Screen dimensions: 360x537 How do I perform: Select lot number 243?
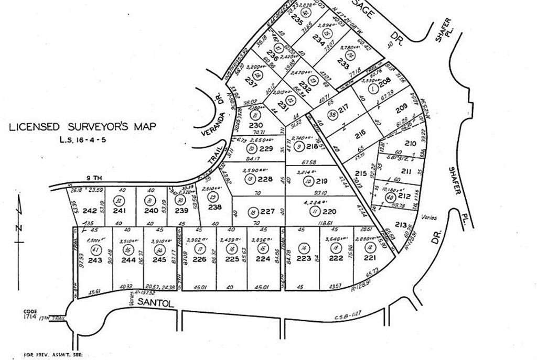point(95,260)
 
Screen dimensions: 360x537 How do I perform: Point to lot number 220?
point(329,212)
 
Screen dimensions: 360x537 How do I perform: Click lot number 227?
point(267,212)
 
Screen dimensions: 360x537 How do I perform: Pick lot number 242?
point(90,211)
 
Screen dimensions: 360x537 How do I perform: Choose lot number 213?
point(401,226)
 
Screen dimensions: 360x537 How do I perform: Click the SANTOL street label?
point(155,302)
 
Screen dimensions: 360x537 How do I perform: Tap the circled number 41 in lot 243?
point(95,250)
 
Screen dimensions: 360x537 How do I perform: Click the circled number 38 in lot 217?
point(331,115)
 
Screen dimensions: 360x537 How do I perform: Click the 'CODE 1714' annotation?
point(29,313)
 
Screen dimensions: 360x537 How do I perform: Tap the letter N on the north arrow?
point(18,227)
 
